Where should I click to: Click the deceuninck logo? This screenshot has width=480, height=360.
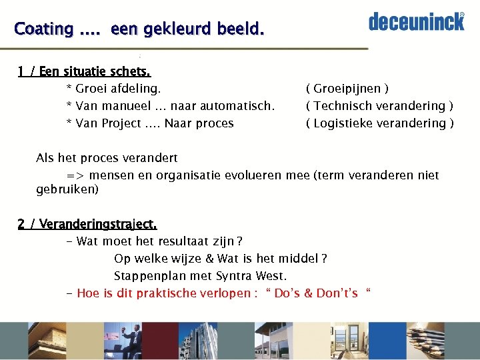coord(416,21)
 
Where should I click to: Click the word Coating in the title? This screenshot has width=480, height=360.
coord(43,29)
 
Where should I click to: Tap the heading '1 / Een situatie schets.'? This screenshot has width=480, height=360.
coord(84,71)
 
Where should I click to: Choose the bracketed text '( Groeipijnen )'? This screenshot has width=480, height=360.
coord(347,89)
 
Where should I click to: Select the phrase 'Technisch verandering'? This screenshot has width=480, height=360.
coord(378,106)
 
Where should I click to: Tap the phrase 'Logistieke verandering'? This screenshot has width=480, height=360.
coord(379,123)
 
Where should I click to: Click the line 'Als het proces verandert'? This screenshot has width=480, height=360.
coord(107,158)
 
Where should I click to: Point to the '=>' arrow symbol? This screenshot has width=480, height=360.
coord(75,175)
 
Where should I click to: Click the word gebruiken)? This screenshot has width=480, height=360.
coord(67,189)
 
